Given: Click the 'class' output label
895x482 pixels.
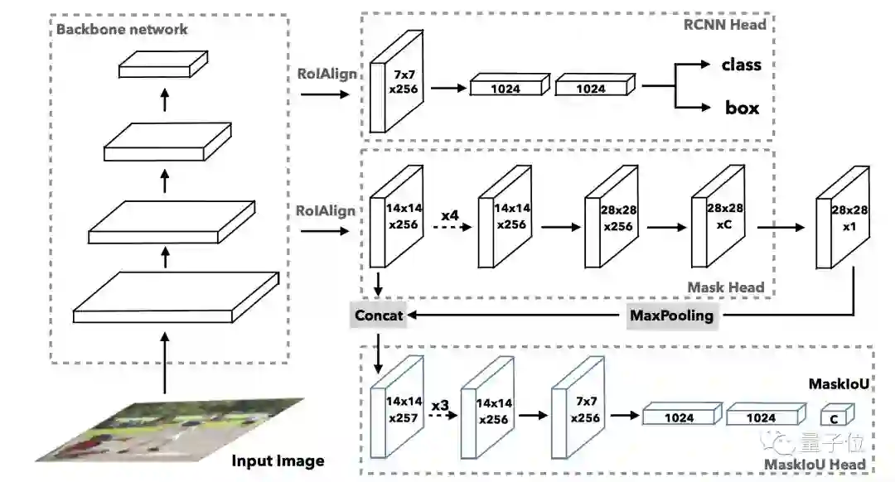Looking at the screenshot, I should [x=741, y=65].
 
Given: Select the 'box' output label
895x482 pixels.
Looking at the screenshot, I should [x=742, y=108].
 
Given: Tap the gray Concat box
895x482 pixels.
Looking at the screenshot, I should [x=379, y=315].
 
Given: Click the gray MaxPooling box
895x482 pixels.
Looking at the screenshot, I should [x=671, y=315].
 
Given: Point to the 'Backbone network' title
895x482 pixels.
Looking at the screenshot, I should [x=122, y=29].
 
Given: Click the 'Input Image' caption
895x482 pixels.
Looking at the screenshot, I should [x=278, y=460].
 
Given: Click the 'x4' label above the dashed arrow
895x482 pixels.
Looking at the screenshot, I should [x=449, y=215].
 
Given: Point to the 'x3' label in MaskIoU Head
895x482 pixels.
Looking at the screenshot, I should [x=441, y=405].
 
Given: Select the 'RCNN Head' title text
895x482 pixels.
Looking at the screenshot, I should [x=725, y=24].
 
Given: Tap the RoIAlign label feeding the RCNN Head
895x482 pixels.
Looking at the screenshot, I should [x=327, y=74].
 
